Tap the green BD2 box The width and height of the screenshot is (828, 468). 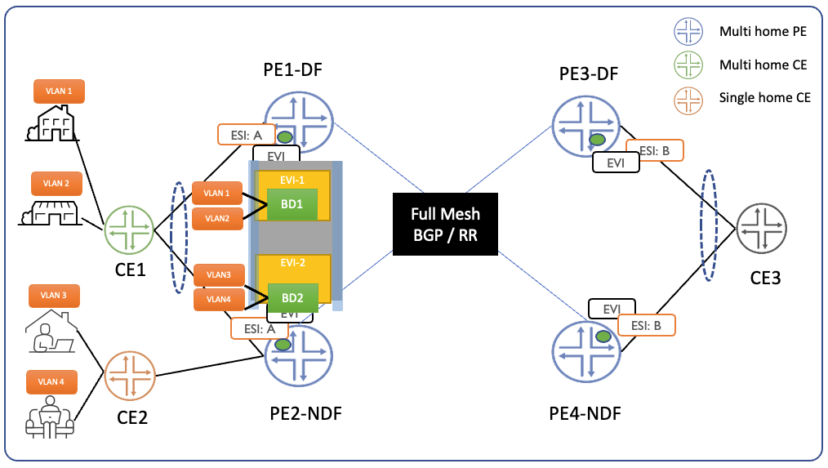pos(292,298)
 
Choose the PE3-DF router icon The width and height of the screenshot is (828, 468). pos(587,123)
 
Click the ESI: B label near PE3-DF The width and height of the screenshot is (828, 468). pos(654,151)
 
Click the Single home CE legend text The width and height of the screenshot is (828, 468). pos(764,97)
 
